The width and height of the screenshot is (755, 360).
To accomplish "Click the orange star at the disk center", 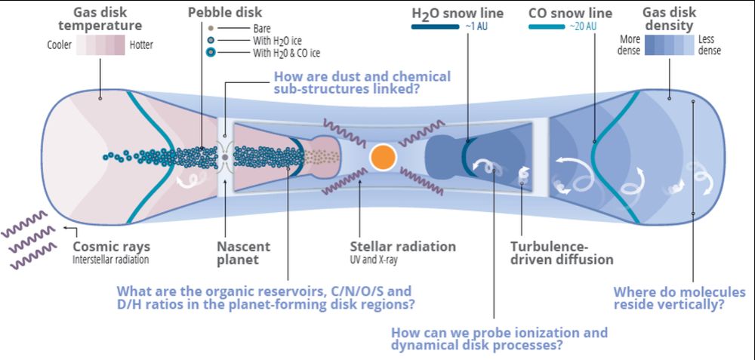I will [x=383, y=156].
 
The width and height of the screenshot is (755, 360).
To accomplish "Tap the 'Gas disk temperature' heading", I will [x=99, y=20].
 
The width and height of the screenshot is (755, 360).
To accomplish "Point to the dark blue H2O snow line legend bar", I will [x=435, y=27].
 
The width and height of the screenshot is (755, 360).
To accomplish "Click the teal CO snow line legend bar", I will [x=557, y=27].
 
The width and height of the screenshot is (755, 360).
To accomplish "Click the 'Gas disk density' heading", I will [x=667, y=20].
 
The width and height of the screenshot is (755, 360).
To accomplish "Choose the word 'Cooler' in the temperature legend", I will [x=60, y=45].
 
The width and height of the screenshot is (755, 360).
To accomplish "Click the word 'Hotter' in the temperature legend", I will [x=140, y=45].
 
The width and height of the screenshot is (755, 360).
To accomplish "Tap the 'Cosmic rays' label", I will [x=111, y=247].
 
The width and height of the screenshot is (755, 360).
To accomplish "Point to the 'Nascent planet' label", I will [x=244, y=253].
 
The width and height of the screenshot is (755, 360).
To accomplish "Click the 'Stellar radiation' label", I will [x=402, y=247].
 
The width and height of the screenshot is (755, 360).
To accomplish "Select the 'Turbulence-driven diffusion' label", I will [x=562, y=253].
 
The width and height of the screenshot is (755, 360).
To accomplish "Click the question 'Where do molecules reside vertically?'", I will [x=679, y=298].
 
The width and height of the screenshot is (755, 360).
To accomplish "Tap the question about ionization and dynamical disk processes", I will [x=499, y=338].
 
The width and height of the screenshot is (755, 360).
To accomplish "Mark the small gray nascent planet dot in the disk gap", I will [x=225, y=157].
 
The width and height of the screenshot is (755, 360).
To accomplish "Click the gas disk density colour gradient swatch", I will [x=667, y=46].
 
